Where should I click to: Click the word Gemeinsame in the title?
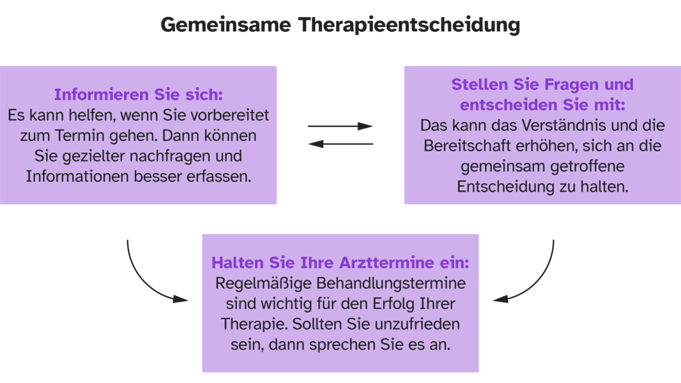[x=226, y=25]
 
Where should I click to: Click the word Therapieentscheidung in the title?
[x=409, y=26]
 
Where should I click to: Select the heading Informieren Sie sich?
[x=138, y=94]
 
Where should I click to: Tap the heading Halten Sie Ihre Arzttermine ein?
[x=340, y=262]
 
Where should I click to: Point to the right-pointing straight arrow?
[x=340, y=126]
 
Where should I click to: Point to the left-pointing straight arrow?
[x=340, y=144]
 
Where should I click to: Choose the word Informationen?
[x=78, y=177]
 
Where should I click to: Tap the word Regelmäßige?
[x=264, y=283]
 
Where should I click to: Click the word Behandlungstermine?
[x=391, y=283]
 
